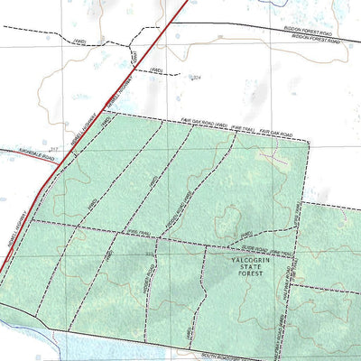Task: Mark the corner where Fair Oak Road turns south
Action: click(307, 143)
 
